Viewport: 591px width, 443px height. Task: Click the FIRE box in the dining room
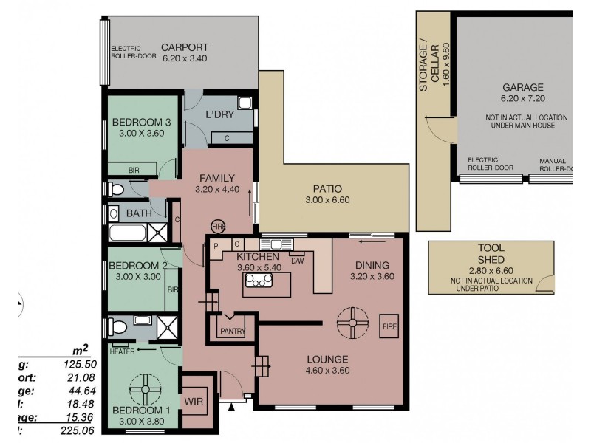pyautogui.click(x=389, y=325)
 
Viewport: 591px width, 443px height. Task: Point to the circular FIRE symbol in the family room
pyautogui.click(x=218, y=225)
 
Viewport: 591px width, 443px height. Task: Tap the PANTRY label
pyautogui.click(x=233, y=332)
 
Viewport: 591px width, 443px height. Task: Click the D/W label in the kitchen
pyautogui.click(x=298, y=261)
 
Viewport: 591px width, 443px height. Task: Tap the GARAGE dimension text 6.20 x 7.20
pyautogui.click(x=524, y=98)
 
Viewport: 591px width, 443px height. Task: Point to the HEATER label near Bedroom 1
pyautogui.click(x=122, y=351)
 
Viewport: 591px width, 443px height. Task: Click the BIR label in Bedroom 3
pyautogui.click(x=134, y=171)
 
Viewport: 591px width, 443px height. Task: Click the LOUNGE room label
pyautogui.click(x=327, y=360)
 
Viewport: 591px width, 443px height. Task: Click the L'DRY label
pyautogui.click(x=219, y=116)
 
